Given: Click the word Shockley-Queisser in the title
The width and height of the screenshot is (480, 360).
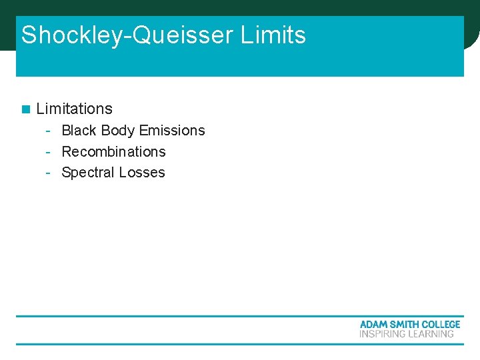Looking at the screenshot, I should point(127,35).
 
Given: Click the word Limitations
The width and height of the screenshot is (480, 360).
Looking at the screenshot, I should point(75,109).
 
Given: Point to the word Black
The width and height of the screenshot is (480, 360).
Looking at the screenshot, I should point(79,131).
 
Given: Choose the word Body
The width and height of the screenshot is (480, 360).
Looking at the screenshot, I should point(118,131).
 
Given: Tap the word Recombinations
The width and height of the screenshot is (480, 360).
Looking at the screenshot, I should point(113,151).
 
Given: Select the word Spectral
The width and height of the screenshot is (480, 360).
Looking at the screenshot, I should point(88,173).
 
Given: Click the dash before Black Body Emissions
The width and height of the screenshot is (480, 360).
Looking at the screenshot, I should point(49,131).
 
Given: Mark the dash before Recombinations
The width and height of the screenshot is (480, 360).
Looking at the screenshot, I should point(49,152).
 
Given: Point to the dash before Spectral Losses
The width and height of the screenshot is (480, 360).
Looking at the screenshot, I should point(49,173).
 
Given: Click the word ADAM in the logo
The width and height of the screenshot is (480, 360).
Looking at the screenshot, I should point(373,325).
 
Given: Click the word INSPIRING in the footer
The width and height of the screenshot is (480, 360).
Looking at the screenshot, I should point(382,333).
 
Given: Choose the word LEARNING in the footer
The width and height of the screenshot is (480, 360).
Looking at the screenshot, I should point(431,333).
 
